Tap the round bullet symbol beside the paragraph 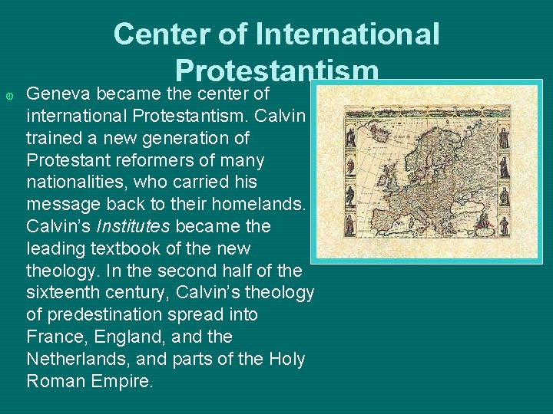(x=8, y=95)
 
